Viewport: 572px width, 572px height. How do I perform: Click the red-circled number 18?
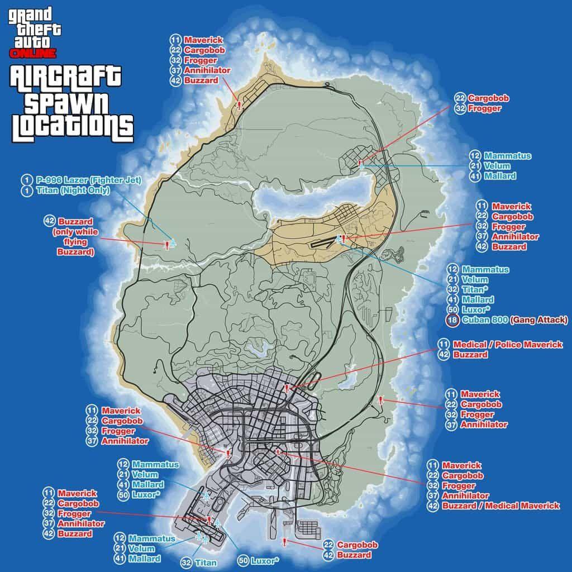452,320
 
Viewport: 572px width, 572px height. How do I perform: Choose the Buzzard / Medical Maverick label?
500,506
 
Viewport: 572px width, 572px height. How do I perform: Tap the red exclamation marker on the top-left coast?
239,104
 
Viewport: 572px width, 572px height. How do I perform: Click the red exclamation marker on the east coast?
380,400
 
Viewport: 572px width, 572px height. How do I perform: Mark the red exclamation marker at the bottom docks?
285,542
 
